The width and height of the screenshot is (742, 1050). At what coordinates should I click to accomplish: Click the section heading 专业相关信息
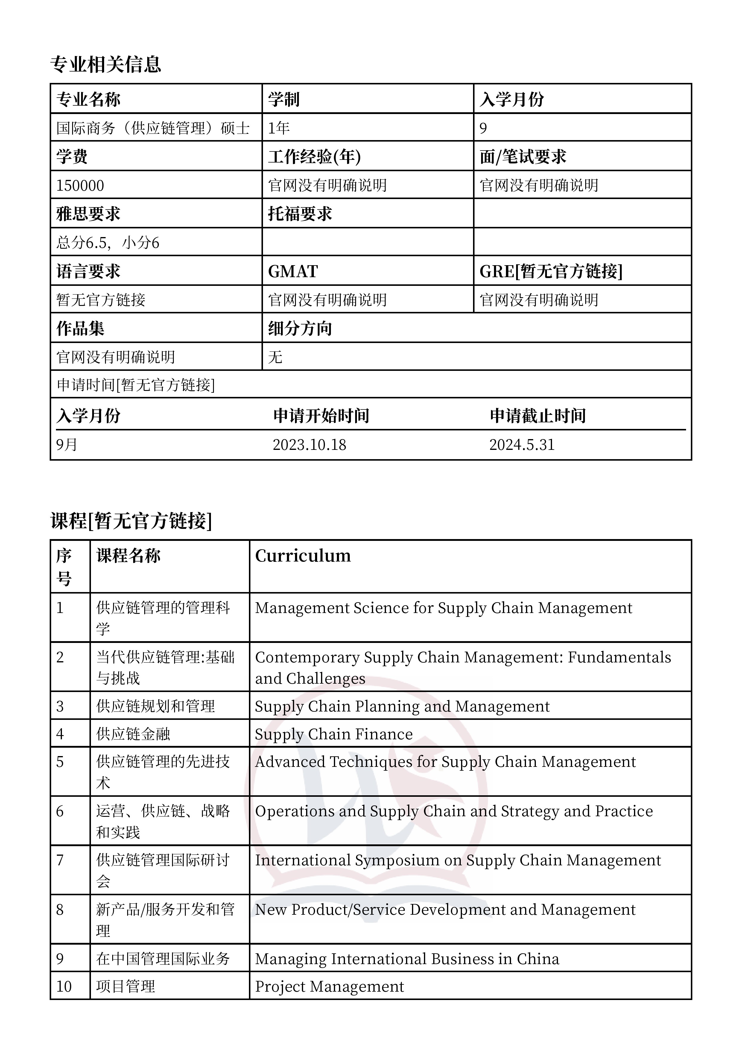coord(106,64)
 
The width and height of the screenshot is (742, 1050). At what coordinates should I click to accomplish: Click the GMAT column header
coord(293,271)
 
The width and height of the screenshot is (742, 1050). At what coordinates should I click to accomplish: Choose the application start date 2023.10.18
coord(309,444)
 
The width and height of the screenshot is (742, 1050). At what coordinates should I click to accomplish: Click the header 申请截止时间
coord(538,416)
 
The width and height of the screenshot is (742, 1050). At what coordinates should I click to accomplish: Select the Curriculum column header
coord(303,556)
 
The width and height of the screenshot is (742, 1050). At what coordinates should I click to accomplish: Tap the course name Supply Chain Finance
coord(334,734)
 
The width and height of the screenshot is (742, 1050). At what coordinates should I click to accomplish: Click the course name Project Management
coord(329,987)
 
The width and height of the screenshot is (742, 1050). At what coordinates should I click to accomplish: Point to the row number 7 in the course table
coord(60,860)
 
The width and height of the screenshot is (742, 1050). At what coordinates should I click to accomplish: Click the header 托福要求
coord(300,214)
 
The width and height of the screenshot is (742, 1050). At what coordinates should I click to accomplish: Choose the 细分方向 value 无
coord(275,357)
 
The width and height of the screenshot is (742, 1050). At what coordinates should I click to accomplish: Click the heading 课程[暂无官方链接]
coord(131,521)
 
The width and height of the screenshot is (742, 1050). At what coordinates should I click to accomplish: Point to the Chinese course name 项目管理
coord(125,987)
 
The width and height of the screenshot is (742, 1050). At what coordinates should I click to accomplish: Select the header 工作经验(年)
coord(314,157)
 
